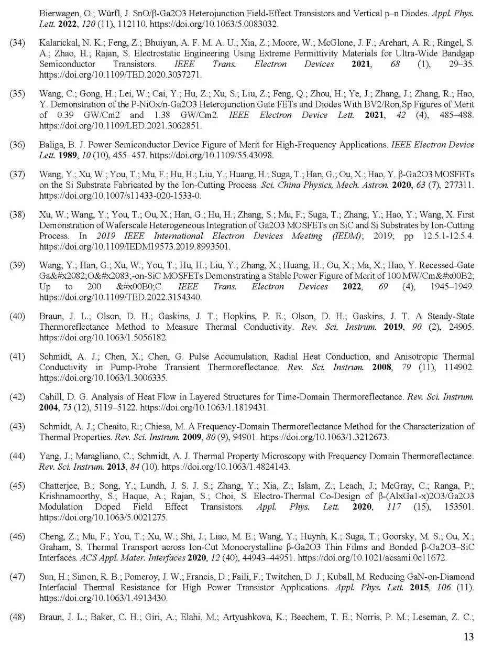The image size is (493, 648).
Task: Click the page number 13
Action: [x=468, y=636]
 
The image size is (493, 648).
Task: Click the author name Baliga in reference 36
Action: [x=51, y=145]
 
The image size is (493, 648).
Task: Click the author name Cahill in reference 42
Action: [x=51, y=397]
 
